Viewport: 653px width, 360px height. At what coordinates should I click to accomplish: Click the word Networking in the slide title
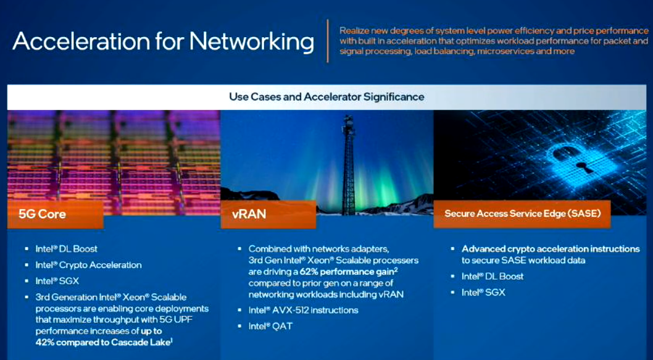coord(252,42)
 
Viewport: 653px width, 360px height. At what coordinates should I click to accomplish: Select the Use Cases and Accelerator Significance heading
coord(326,97)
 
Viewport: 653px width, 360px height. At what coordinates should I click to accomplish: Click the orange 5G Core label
coord(55,215)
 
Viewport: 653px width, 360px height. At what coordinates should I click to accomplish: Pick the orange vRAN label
coord(268,214)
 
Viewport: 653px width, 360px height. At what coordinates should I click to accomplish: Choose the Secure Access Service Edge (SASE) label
coord(522,214)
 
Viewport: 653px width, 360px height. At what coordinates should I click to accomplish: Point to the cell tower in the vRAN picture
coord(348,165)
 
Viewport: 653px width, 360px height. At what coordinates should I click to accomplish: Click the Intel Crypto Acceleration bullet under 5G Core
coord(88,265)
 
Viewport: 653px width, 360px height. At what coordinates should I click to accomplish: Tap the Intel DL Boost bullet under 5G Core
coord(66,249)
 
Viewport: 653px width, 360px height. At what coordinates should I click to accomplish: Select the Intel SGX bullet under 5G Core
coord(57,281)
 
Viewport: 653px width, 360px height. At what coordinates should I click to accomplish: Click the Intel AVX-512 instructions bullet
coord(303,311)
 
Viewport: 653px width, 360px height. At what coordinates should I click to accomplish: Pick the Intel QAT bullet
coord(270,326)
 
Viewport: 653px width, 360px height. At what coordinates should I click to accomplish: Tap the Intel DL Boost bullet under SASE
coord(493,277)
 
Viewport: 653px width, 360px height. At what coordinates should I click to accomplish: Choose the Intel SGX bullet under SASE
coord(483,293)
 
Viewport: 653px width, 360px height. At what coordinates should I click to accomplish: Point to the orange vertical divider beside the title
coord(328,41)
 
